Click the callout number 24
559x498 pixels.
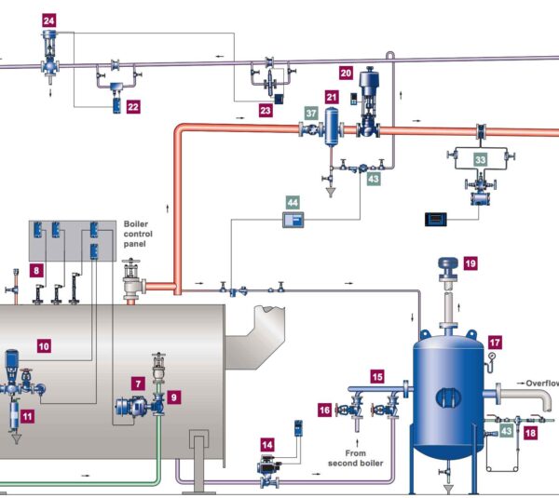click(49, 20)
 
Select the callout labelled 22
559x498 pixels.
click(133, 107)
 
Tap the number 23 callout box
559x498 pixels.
click(266, 111)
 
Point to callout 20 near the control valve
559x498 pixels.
click(346, 72)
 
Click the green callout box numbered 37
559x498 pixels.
click(311, 113)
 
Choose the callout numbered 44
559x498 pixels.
click(293, 200)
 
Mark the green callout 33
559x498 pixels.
click(481, 160)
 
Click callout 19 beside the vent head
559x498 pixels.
click(470, 263)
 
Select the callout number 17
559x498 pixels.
click(495, 342)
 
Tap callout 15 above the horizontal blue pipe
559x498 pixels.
click(377, 376)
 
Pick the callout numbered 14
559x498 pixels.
click(267, 445)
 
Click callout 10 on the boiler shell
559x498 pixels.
click(44, 345)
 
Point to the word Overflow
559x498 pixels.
click(540, 383)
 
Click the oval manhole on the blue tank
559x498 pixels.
click(451, 397)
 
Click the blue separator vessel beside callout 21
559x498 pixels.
click(331, 126)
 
